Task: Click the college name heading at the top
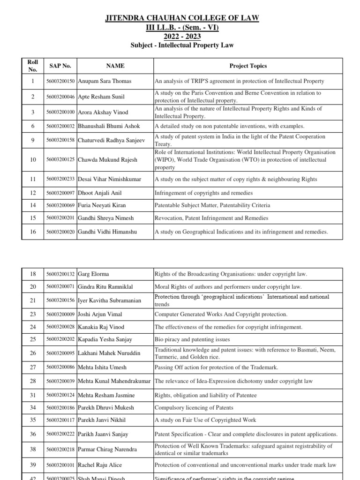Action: (x=181, y=18)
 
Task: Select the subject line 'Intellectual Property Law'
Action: (x=181, y=45)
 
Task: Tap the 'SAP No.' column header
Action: (x=60, y=66)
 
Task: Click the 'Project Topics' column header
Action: (x=248, y=66)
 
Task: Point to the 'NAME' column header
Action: (x=115, y=66)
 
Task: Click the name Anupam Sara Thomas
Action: (x=105, y=81)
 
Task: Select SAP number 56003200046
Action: (x=60, y=97)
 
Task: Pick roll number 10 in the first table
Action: (x=33, y=160)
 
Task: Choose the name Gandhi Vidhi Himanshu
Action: (x=108, y=232)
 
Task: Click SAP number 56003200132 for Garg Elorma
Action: (x=60, y=274)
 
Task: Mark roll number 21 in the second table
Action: (x=33, y=300)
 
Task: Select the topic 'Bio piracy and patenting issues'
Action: (x=192, y=339)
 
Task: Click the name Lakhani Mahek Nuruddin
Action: (x=109, y=353)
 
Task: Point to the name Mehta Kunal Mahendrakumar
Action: (x=114, y=382)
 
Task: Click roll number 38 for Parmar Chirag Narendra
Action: (x=33, y=449)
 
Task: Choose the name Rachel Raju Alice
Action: (x=100, y=465)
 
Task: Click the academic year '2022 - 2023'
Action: (x=181, y=36)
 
